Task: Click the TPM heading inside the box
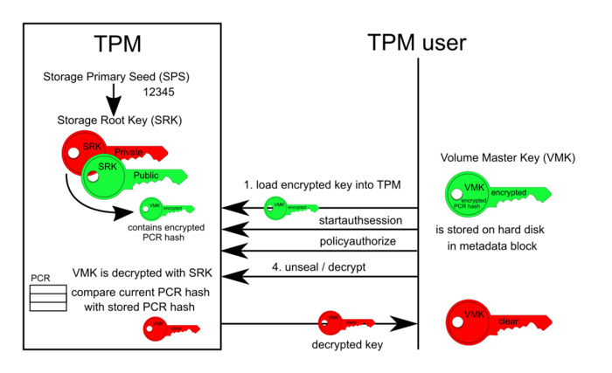(117, 44)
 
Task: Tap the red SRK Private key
(87, 154)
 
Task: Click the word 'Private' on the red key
(129, 152)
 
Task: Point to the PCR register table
(47, 295)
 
